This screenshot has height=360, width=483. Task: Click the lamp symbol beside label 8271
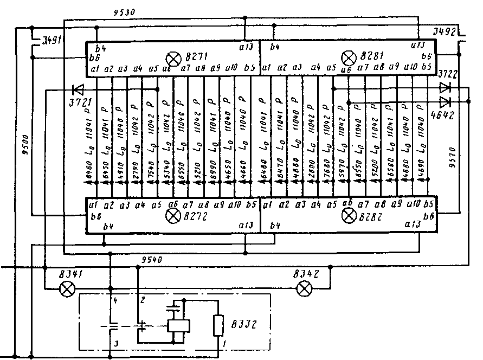tap(174, 57)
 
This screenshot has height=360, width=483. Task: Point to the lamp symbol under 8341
tap(67, 290)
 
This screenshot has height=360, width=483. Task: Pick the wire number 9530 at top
tap(125, 12)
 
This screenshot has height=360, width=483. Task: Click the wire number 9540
tap(151, 260)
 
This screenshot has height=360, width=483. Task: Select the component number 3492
tap(444, 31)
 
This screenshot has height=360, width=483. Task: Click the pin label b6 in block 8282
tap(431, 215)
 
